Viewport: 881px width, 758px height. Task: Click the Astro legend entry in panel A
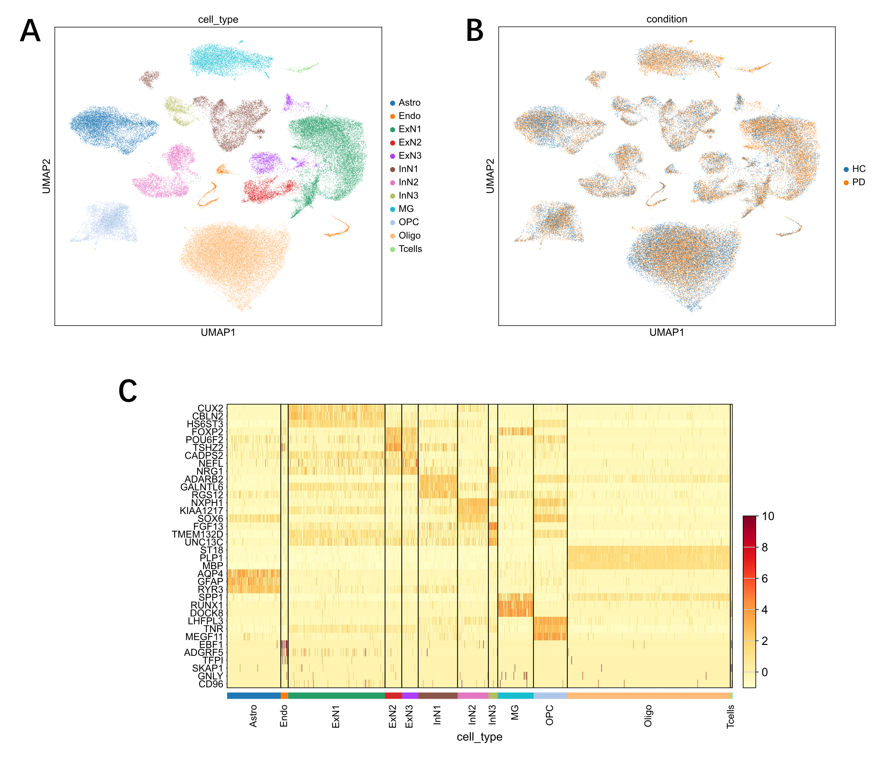[x=409, y=103]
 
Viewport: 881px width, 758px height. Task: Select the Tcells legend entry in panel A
[x=410, y=249]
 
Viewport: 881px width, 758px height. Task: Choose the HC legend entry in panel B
[x=858, y=169]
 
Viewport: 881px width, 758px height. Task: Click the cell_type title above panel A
[x=218, y=19]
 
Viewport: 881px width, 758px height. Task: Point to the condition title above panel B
[x=667, y=19]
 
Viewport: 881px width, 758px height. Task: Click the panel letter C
[x=128, y=391]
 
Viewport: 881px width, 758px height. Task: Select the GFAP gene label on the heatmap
[x=210, y=581]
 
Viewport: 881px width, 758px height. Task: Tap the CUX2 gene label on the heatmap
[x=210, y=408]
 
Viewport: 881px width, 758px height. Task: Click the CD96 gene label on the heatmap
[x=211, y=684]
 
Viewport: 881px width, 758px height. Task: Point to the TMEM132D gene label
[x=197, y=534]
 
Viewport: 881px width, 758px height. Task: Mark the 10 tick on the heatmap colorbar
[x=768, y=517]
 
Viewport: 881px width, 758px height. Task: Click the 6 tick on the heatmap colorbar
[x=764, y=579]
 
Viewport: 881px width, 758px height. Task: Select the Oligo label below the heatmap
[x=648, y=716]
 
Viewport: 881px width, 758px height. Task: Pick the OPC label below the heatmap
[x=549, y=715]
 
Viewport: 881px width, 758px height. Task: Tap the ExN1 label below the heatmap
[x=335, y=716]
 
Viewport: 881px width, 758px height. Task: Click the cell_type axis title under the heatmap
[x=479, y=737]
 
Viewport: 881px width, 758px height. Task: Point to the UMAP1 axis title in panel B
[x=667, y=332]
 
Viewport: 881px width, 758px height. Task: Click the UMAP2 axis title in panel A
[x=47, y=176]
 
